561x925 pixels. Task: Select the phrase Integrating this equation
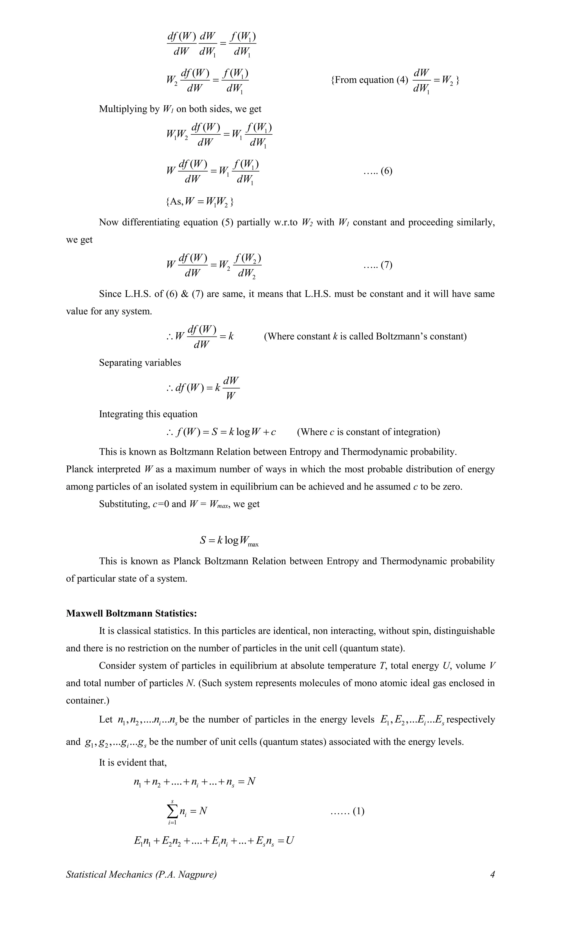148,414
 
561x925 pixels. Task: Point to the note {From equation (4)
369,80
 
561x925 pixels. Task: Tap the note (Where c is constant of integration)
368,432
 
